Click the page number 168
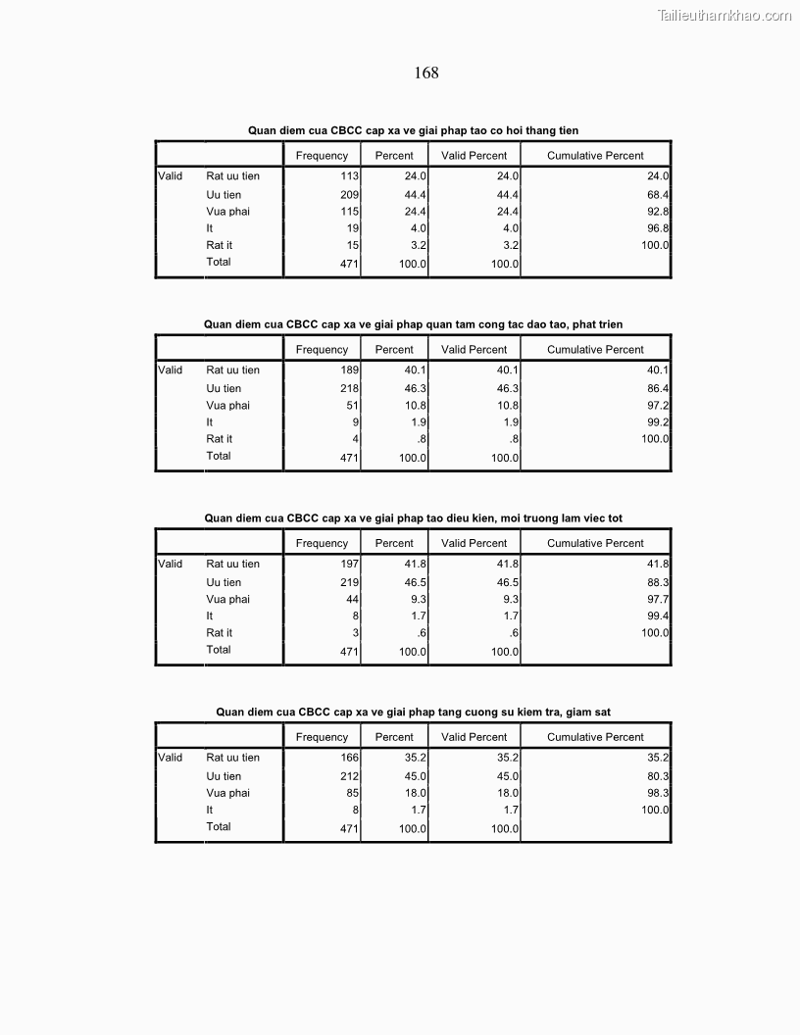point(426,73)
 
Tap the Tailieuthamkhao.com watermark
point(725,15)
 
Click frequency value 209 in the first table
point(348,195)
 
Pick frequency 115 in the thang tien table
point(348,212)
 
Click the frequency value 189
point(348,370)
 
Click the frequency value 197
point(348,565)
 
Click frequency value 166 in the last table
point(348,758)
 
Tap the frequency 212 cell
point(348,776)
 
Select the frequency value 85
point(351,793)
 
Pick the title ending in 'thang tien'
point(420,130)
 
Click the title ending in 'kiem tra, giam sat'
point(413,713)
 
